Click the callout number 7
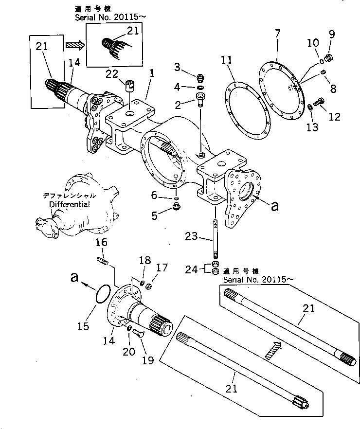tap(277, 34)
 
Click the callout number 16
tap(101, 242)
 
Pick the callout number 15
tap(84, 325)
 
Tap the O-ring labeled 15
tap(101, 295)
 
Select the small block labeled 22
tap(129, 86)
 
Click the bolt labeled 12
tap(320, 102)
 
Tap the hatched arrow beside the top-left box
tap(74, 45)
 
